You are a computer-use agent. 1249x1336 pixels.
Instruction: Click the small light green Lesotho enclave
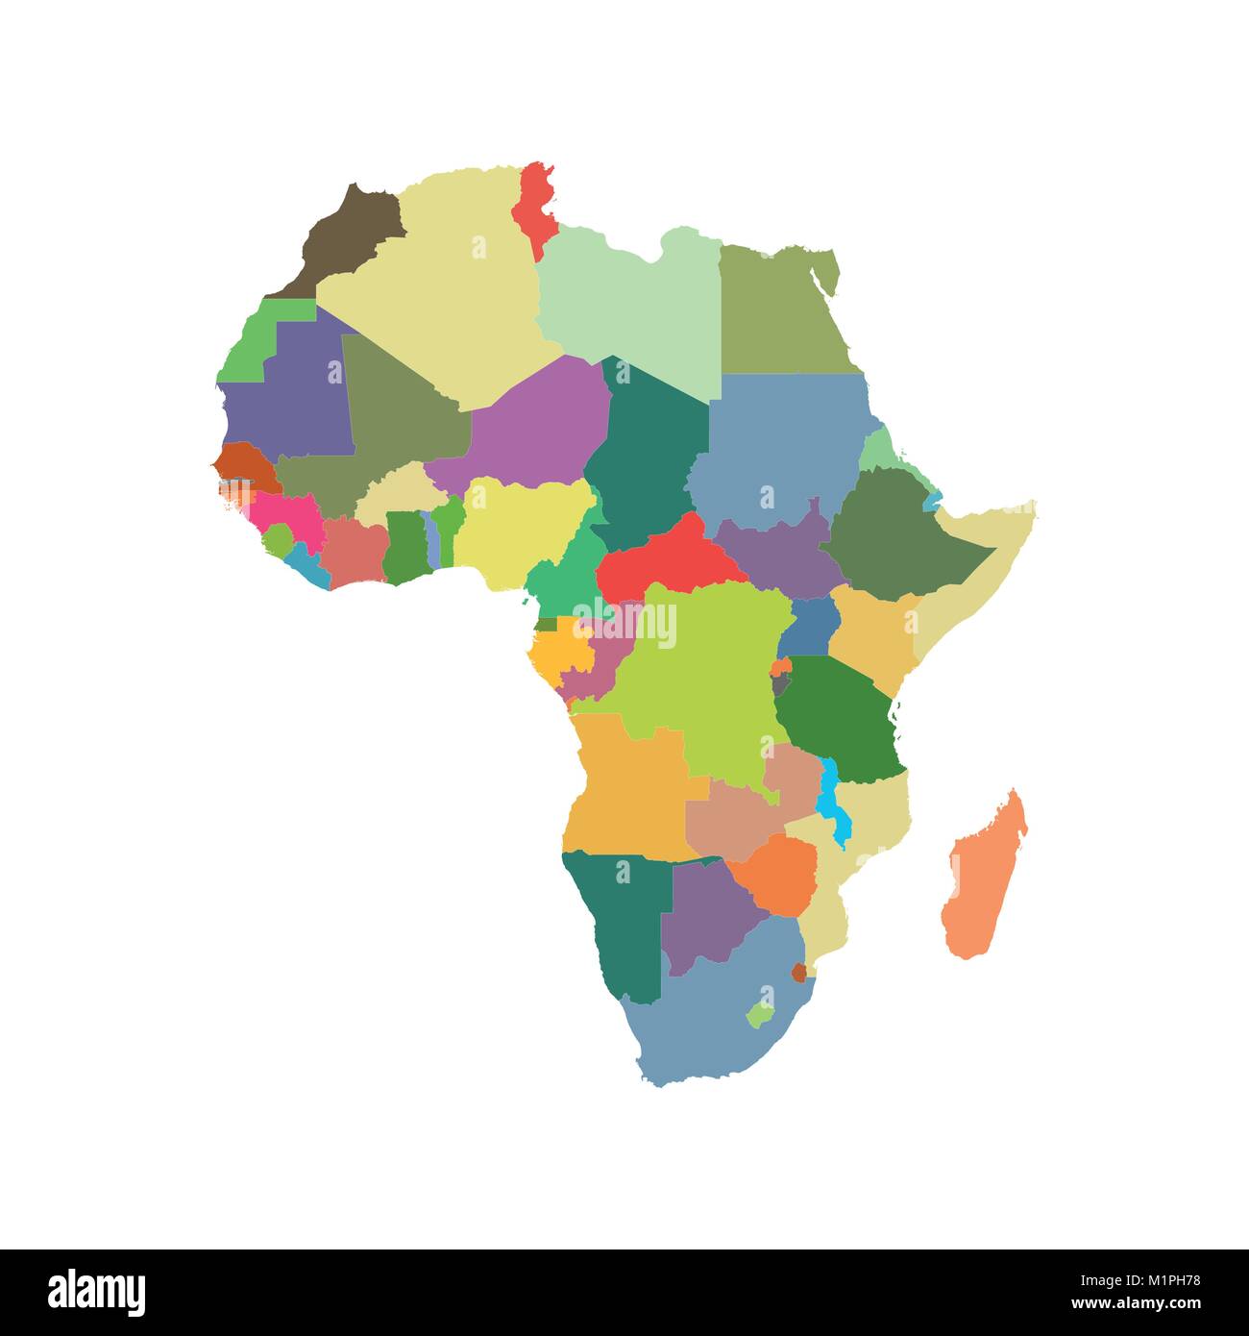tap(759, 1014)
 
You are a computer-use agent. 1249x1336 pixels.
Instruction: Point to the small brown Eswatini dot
tap(799, 972)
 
